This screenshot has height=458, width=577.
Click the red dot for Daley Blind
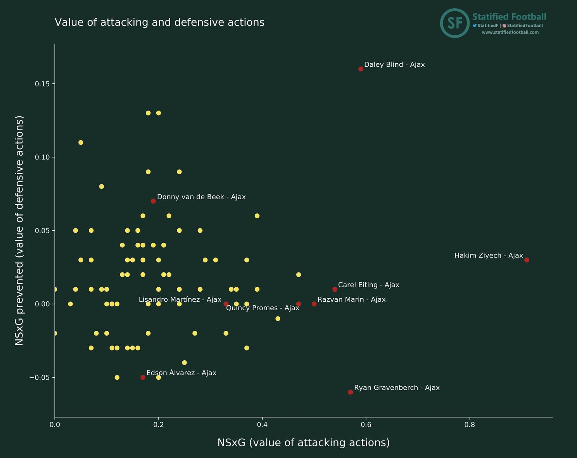pos(361,69)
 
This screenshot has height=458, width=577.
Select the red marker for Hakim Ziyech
pos(527,260)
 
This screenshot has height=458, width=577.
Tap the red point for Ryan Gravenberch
pos(351,392)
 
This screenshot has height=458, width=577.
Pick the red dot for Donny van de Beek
pos(153,201)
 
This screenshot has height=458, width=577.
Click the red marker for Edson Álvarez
pos(143,377)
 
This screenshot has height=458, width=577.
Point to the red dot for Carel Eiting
pos(335,289)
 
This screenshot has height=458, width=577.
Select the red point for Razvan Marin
pos(314,304)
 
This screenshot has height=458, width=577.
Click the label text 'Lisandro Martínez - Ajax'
pos(180,299)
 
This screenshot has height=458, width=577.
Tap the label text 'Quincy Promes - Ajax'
pos(263,308)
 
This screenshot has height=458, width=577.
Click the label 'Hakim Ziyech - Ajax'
pos(489,256)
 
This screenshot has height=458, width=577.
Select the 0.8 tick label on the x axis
pos(470,425)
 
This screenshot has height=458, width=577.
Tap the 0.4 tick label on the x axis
pos(262,425)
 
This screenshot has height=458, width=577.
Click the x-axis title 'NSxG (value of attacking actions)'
pos(303,442)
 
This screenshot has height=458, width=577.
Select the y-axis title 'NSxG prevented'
pos(19,230)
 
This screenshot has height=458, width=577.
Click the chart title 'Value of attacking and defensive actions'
pos(159,22)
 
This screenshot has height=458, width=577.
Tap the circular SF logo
pos(454,23)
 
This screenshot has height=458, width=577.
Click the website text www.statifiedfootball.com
pos(510,32)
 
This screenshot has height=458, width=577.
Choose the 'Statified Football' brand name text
pos(509,17)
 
